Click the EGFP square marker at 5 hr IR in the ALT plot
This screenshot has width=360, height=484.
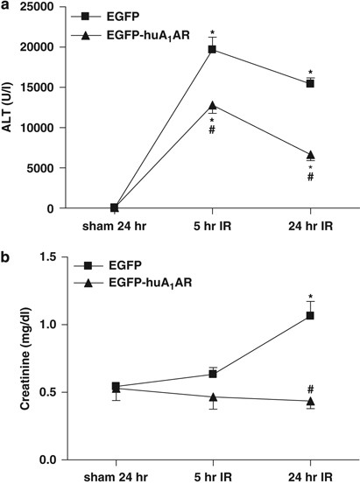point(212,50)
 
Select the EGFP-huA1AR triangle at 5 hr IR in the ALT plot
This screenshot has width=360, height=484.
point(212,105)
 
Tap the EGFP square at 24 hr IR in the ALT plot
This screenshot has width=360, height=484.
point(310,83)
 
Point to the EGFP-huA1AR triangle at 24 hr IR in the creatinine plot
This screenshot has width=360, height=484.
point(310,401)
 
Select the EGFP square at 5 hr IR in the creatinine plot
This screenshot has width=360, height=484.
point(212,374)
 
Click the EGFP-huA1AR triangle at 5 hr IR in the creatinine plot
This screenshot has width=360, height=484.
point(212,396)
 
